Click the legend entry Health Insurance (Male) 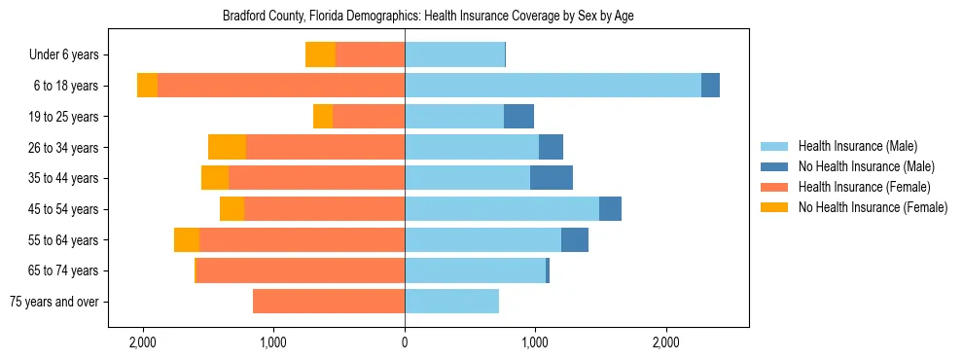click(857, 146)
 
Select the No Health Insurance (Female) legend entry click(872, 207)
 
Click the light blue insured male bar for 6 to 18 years click(553, 86)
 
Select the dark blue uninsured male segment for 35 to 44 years click(552, 178)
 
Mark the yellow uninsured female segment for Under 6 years click(320, 54)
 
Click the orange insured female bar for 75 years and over click(329, 302)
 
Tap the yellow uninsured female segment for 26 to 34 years click(227, 147)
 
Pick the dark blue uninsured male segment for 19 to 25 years click(518, 117)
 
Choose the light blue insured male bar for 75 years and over click(451, 302)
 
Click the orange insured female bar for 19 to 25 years click(369, 117)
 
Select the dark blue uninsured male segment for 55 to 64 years click(575, 239)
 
